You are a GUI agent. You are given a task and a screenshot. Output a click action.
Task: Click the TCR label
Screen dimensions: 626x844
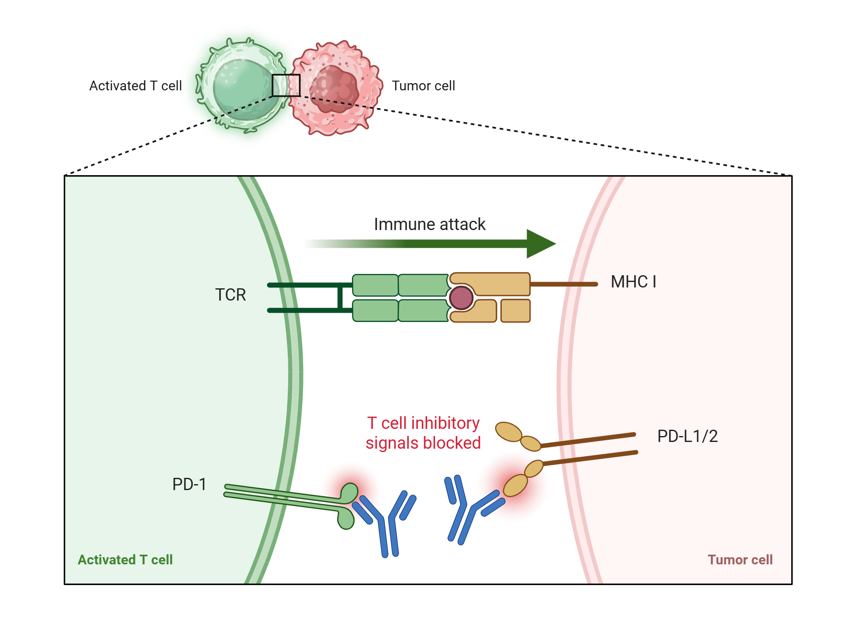click(x=230, y=295)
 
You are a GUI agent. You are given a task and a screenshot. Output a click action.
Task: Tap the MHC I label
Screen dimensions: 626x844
click(x=633, y=282)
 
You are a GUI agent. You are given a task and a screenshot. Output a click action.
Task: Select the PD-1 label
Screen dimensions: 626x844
click(x=189, y=484)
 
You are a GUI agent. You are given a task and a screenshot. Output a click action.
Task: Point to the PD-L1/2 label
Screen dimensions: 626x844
click(x=687, y=436)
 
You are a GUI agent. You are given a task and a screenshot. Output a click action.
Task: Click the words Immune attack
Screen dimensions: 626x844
click(x=429, y=224)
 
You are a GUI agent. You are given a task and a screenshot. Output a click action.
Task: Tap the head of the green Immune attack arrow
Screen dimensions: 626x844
click(x=540, y=244)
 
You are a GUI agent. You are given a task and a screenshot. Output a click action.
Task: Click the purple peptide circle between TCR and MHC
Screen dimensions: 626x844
click(x=461, y=298)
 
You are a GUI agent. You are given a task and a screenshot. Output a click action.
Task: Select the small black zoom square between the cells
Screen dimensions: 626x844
click(x=286, y=85)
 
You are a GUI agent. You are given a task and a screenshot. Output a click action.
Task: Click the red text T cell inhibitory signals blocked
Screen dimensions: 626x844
click(x=423, y=433)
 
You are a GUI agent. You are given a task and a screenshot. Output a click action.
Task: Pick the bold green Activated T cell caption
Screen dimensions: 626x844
click(x=125, y=560)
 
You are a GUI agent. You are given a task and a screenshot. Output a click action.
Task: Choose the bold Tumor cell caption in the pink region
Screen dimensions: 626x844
click(x=740, y=560)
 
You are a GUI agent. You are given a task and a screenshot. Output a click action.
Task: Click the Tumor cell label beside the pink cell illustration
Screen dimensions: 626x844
click(x=423, y=86)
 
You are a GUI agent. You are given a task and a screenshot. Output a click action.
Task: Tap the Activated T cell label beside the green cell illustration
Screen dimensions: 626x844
click(x=135, y=86)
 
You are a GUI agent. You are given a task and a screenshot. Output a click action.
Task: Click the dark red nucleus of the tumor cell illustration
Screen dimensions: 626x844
click(x=334, y=89)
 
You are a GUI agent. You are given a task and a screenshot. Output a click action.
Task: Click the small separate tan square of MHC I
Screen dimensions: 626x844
click(x=515, y=311)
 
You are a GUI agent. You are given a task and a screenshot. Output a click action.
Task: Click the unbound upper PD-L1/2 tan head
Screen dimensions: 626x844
click(x=509, y=432)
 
